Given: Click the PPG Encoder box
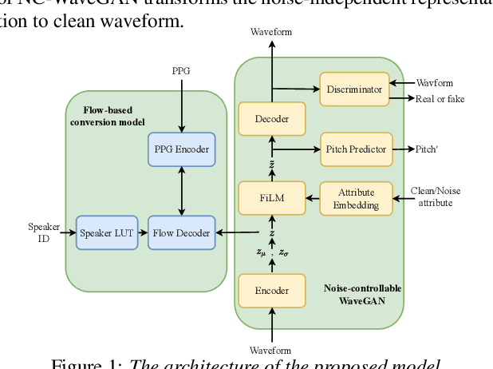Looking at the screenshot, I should click(x=182, y=149).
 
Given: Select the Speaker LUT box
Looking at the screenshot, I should click(x=106, y=233).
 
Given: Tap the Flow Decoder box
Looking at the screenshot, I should click(x=183, y=233).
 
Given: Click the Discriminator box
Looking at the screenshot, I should click(x=354, y=89).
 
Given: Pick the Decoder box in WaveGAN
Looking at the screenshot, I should click(x=272, y=119).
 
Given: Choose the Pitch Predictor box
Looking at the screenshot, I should click(x=356, y=149).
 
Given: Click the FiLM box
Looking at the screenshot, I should click(x=272, y=197).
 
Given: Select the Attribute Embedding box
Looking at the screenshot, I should click(x=356, y=198).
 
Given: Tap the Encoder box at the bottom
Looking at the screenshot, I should click(x=272, y=290).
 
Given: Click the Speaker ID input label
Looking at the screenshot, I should click(x=38, y=232).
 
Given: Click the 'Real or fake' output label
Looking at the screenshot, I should click(x=440, y=99).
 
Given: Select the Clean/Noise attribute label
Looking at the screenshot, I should click(x=435, y=197).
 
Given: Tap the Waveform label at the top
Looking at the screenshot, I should click(x=271, y=32).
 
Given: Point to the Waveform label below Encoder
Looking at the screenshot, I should click(x=271, y=351).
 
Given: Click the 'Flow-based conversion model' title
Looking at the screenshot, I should click(x=108, y=116).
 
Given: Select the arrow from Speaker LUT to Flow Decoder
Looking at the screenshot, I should click(x=143, y=233).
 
